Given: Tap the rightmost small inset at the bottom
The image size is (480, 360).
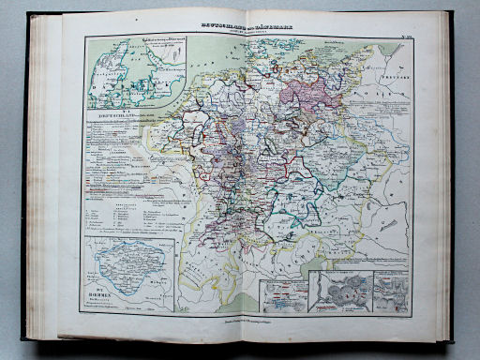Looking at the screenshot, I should click(x=390, y=290).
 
